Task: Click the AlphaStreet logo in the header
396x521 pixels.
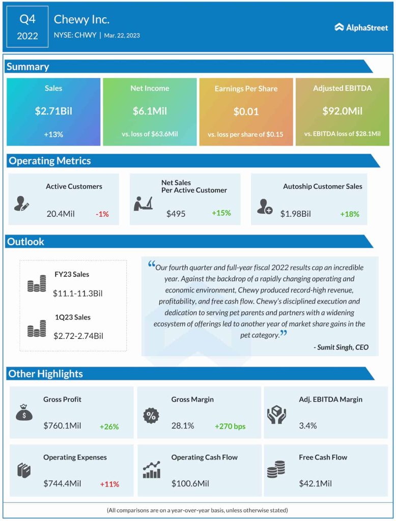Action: pos(361,27)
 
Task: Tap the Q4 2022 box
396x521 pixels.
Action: pos(28,27)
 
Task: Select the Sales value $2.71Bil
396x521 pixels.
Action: pos(53,111)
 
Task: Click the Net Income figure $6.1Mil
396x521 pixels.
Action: pos(150,111)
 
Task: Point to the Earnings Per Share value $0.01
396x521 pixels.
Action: pos(246,111)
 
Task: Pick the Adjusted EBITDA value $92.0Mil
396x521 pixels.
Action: pos(342,111)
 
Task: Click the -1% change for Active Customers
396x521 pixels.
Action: pos(102,214)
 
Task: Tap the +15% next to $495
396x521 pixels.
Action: pos(221,213)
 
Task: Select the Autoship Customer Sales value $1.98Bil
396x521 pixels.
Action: pos(295,214)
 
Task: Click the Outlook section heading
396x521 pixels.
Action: pos(26,242)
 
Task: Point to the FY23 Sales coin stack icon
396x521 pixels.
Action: pos(37,284)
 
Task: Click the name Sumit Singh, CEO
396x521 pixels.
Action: pos(341,348)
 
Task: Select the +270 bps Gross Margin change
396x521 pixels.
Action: pos(230,426)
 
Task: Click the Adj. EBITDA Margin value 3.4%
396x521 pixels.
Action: pos(308,425)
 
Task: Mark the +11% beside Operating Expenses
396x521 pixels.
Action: pos(109,484)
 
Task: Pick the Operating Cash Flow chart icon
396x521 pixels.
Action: pos(152,470)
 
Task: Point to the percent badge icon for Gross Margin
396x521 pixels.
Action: pos(151,415)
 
